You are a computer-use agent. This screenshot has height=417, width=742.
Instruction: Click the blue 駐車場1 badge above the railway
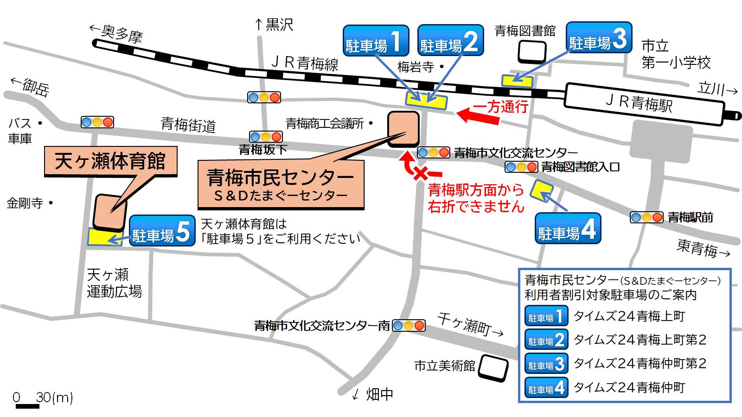(376, 41)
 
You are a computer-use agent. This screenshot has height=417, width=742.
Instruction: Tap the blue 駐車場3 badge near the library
(600, 38)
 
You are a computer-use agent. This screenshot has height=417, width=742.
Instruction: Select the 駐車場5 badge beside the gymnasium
(162, 231)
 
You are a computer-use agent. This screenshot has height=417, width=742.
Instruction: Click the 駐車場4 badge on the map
(568, 228)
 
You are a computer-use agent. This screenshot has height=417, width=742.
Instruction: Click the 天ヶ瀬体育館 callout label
(110, 162)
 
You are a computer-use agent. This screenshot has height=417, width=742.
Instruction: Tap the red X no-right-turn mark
(421, 174)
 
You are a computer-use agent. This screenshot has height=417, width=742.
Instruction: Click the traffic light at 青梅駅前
(646, 217)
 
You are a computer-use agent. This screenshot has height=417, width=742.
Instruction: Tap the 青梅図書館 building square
(532, 51)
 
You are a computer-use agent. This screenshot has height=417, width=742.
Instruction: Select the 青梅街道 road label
(188, 124)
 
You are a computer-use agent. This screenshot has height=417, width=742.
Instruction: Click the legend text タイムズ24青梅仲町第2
(640, 364)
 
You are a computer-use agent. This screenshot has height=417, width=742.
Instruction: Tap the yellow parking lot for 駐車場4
(542, 190)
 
